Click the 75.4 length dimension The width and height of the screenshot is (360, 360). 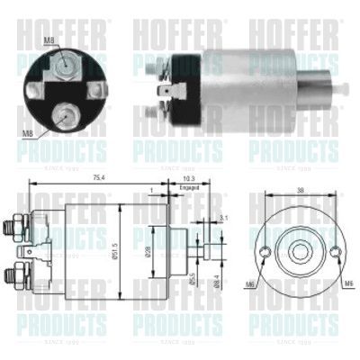(x=98, y=178)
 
